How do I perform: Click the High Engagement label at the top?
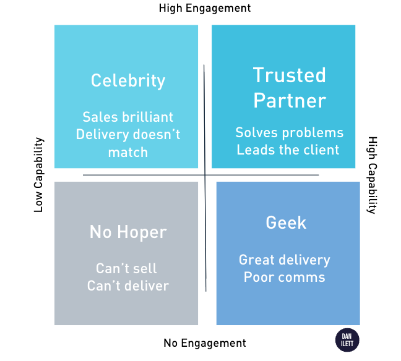coord(205,8)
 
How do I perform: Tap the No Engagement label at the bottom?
coord(205,343)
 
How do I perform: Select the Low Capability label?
coord(38,175)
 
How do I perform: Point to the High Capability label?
coord(372,175)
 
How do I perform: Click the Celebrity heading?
coord(128,80)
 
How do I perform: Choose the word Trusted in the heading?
coord(289,75)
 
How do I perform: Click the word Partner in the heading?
coord(289,100)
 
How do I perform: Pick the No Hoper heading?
coord(128,232)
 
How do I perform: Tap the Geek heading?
coord(286,223)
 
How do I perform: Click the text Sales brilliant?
coord(128,117)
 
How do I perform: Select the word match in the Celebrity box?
coord(128,151)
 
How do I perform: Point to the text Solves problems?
coord(289,133)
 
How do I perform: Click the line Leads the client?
coord(288,150)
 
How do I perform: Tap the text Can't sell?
coord(127,268)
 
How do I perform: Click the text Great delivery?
coord(285,260)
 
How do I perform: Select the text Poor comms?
coord(285,277)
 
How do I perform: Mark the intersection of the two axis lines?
coord(204,175)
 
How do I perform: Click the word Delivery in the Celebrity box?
coord(102,134)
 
